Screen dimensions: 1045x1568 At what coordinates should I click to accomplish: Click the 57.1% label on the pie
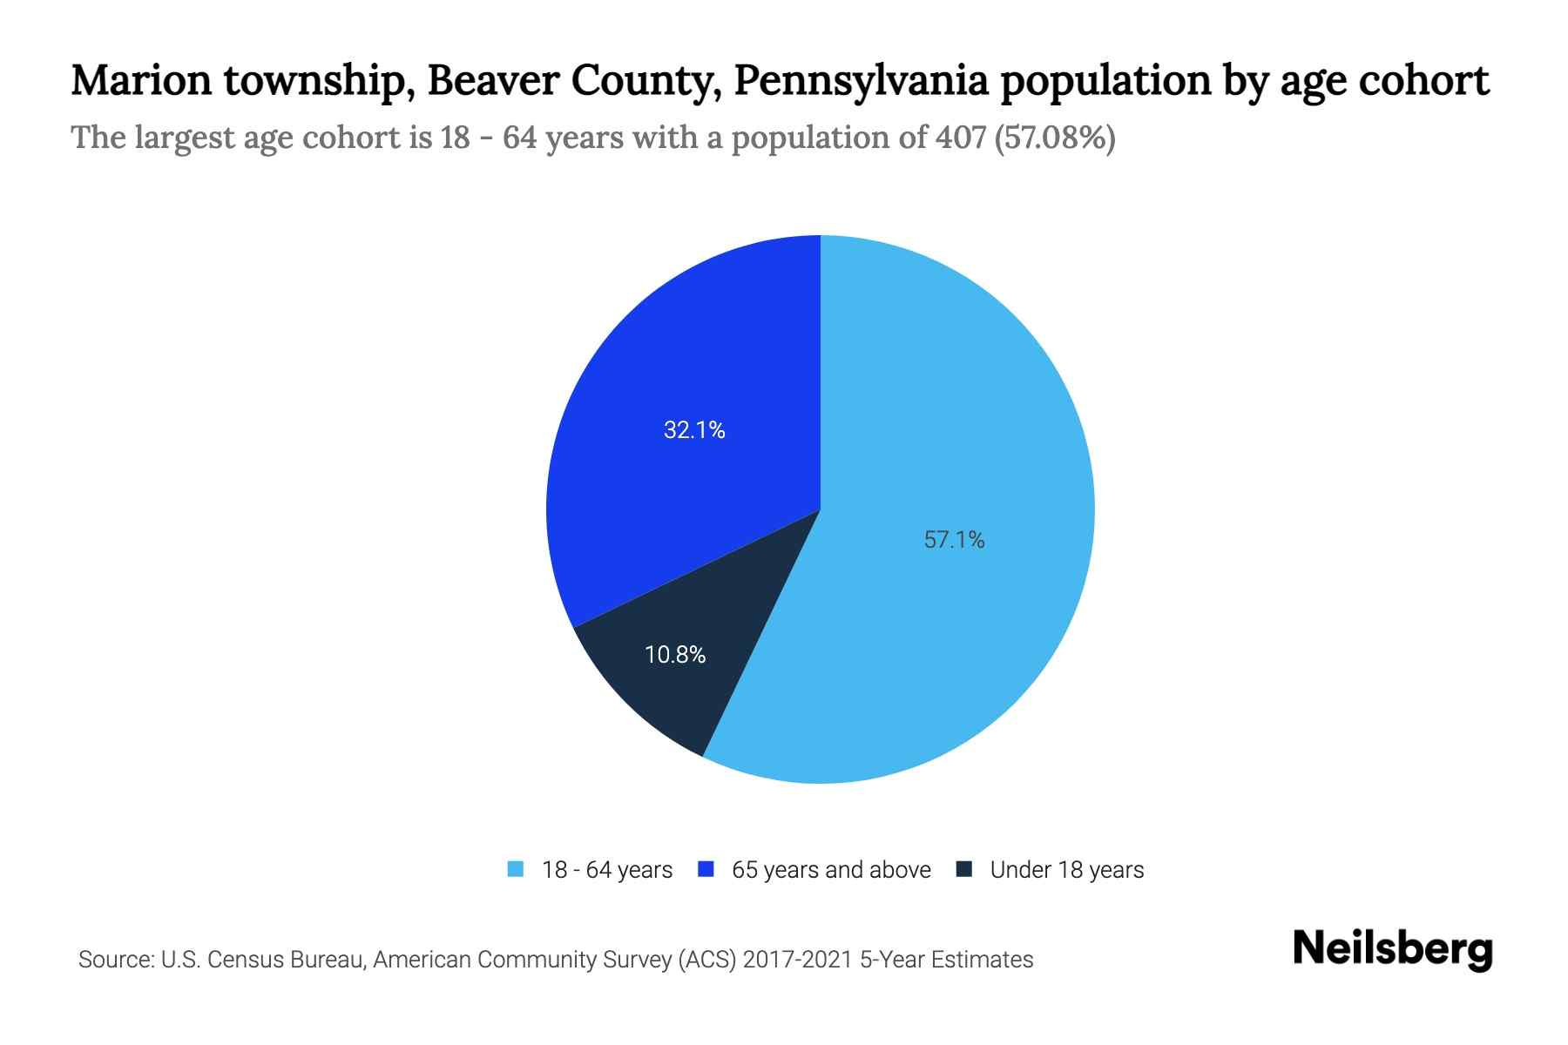[954, 541]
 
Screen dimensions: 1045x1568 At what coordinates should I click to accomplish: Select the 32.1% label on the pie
[694, 430]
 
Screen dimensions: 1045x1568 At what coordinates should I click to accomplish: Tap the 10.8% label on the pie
[675, 655]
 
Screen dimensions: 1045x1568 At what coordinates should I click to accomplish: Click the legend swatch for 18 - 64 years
[516, 870]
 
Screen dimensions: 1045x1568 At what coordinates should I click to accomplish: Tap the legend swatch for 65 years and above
[706, 870]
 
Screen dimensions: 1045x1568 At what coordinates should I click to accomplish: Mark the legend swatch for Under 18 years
[964, 870]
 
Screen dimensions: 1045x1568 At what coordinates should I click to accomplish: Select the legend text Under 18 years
[1067, 870]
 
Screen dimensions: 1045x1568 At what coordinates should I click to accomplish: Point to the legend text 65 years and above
[831, 870]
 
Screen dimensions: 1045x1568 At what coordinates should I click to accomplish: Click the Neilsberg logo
[1392, 950]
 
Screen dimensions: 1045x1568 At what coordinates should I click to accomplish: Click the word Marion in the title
[141, 81]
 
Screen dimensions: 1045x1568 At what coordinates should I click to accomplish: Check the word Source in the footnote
[114, 960]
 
